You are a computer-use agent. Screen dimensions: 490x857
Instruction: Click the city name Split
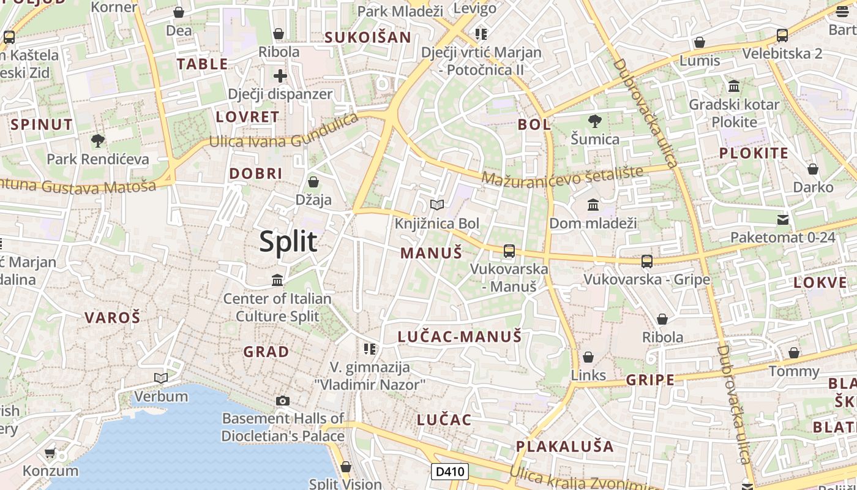288,241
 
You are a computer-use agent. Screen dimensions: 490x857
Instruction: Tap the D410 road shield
450,472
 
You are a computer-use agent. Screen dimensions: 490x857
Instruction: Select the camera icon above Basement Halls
282,401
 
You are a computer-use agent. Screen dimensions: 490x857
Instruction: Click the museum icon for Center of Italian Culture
277,280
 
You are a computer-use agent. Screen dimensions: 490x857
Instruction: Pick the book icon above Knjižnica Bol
436,205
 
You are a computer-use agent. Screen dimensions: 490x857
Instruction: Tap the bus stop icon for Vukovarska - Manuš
509,251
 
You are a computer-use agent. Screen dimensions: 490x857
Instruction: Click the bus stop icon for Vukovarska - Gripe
646,262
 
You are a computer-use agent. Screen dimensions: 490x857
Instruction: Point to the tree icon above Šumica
594,121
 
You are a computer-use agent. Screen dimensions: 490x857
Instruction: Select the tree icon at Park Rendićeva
97,141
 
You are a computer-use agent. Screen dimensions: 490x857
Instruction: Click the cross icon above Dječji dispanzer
280,76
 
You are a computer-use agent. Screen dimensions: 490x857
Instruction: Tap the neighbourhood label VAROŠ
112,317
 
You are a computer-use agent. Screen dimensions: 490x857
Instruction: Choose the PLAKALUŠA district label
564,447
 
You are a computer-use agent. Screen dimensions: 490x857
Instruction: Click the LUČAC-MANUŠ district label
460,336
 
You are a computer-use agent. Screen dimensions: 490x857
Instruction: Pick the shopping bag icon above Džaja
313,182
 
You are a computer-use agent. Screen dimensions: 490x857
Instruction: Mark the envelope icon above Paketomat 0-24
782,219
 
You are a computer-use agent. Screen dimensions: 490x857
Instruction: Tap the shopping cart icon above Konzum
50,453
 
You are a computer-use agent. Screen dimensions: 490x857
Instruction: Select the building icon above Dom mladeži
593,205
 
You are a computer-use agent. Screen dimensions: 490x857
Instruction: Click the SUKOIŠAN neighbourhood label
367,37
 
